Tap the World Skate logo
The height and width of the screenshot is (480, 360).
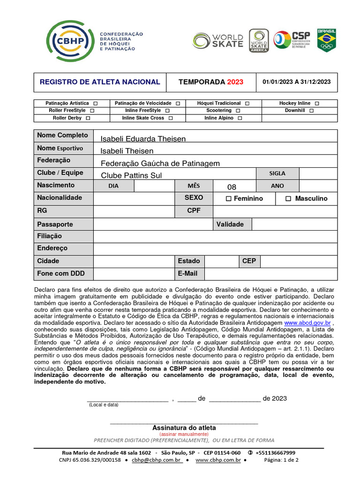(218, 41)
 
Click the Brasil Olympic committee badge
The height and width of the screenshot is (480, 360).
(326, 40)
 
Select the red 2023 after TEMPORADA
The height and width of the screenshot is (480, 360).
(235, 82)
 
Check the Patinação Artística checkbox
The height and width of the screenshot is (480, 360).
(96, 103)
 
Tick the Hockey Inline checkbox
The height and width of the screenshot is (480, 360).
(317, 103)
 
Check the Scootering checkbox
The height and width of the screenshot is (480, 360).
(238, 111)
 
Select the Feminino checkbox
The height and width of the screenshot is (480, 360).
(228, 199)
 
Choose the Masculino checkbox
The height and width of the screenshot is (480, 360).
(288, 199)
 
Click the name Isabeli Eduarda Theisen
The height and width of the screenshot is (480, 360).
(143, 139)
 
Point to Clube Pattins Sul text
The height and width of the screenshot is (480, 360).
(131, 175)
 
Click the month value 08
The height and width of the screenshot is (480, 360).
(232, 187)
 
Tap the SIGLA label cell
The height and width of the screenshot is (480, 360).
(277, 173)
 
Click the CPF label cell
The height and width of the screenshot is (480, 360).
(194, 211)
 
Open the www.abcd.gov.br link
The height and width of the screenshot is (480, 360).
(307, 323)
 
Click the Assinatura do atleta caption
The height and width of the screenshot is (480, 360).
(184, 428)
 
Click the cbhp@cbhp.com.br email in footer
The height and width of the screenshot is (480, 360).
(157, 460)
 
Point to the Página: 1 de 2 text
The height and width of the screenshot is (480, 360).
(281, 460)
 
